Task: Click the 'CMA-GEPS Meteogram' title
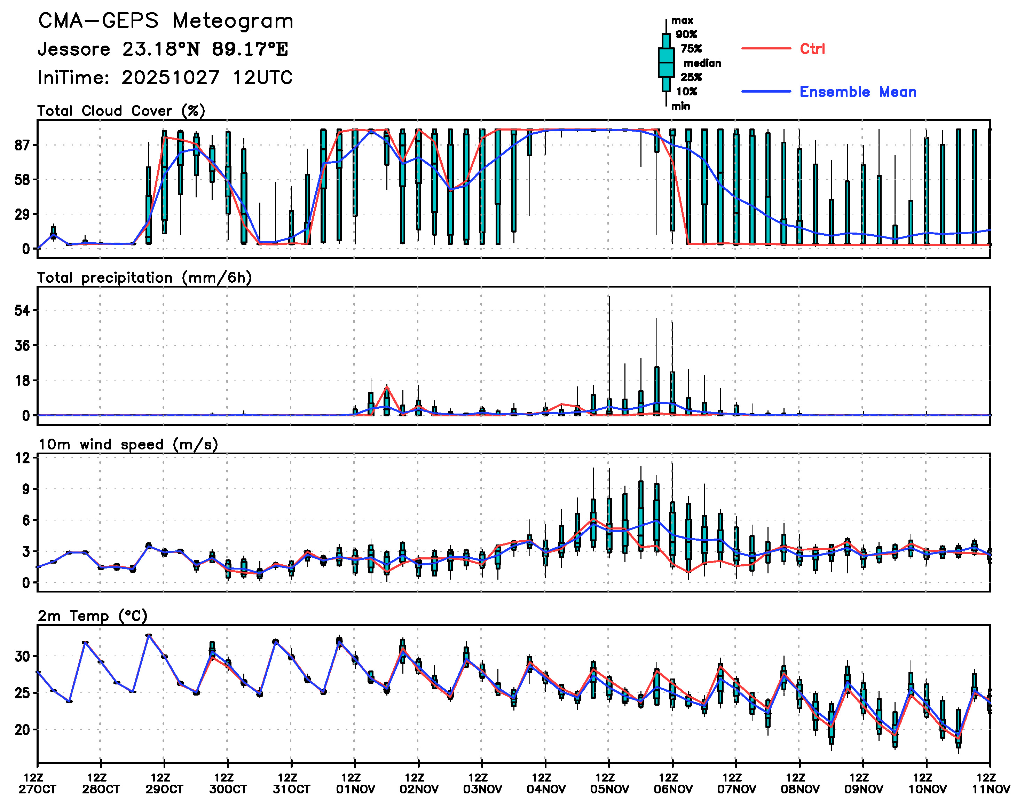click(x=166, y=21)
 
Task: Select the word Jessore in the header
click(x=74, y=49)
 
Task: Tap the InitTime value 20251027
click(x=170, y=78)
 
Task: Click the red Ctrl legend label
click(x=812, y=49)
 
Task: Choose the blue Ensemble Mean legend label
click(x=858, y=92)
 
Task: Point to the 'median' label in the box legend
click(x=702, y=63)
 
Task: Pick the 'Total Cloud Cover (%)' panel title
click(x=121, y=111)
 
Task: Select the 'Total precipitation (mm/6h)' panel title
click(x=144, y=278)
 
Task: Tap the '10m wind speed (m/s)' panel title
click(x=128, y=445)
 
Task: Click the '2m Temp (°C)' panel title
click(x=93, y=616)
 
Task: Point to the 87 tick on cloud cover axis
click(x=22, y=145)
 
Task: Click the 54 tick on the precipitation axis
click(x=22, y=311)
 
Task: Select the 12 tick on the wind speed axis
click(x=22, y=458)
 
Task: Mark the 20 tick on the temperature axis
click(x=22, y=730)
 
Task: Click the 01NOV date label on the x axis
click(x=355, y=789)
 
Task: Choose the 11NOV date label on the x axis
click(x=991, y=789)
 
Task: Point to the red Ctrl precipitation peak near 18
click(x=387, y=387)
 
